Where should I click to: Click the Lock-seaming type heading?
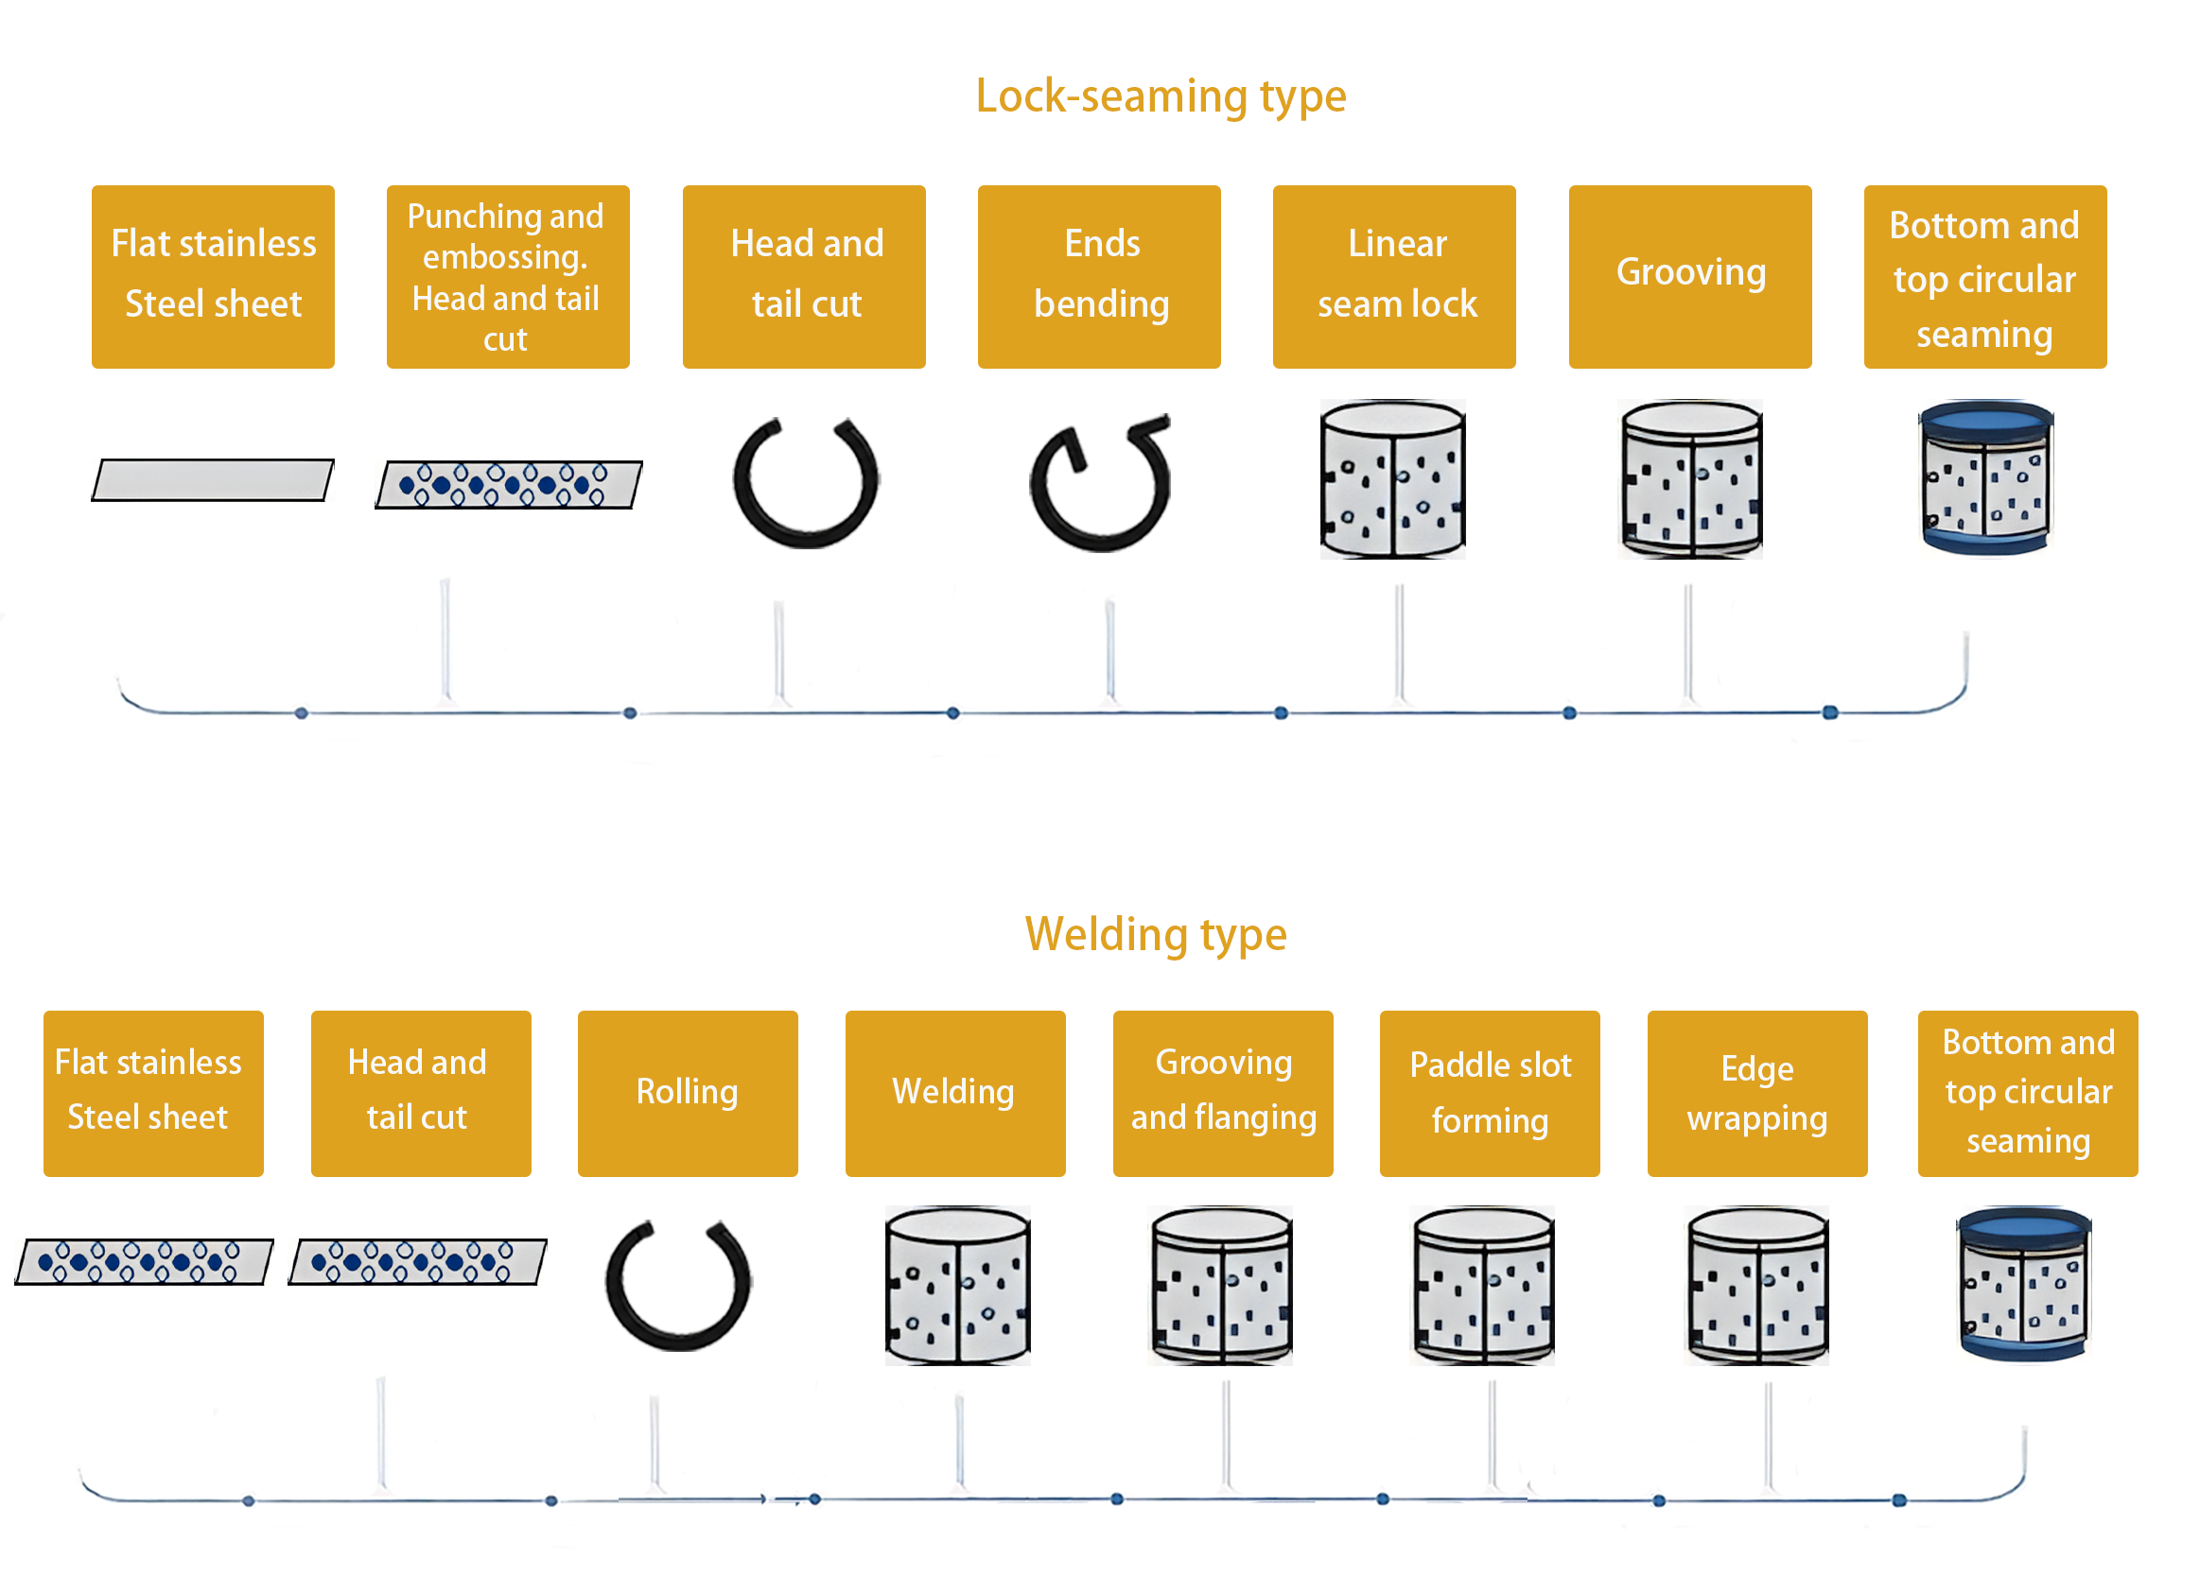pyautogui.click(x=1161, y=97)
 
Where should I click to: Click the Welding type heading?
pyautogui.click(x=1155, y=935)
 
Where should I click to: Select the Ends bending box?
pyautogui.click(x=1099, y=276)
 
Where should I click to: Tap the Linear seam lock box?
pyautogui.click(x=1394, y=276)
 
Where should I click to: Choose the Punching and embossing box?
pyautogui.click(x=507, y=276)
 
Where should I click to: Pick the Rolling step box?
pyautogui.click(x=687, y=1093)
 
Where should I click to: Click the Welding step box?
pyautogui.click(x=954, y=1093)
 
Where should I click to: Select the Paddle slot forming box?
pyautogui.click(x=1489, y=1093)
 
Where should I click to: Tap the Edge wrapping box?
pyautogui.click(x=1756, y=1093)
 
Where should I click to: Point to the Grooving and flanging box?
pyautogui.click(x=1222, y=1093)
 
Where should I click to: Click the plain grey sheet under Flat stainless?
pyautogui.click(x=213, y=480)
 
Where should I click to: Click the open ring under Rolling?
pyautogui.click(x=678, y=1285)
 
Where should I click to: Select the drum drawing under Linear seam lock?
pyautogui.click(x=1393, y=479)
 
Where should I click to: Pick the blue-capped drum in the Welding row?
pyautogui.click(x=2023, y=1284)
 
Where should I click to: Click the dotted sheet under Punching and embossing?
pyautogui.click(x=508, y=484)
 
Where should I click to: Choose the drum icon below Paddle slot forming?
pyautogui.click(x=1482, y=1285)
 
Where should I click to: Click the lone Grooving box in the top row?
pyautogui.click(x=1690, y=276)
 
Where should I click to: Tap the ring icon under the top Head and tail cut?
pyautogui.click(x=805, y=482)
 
